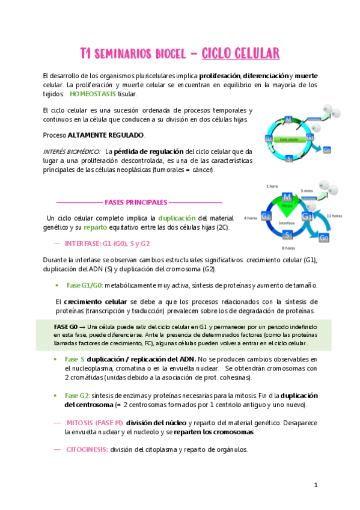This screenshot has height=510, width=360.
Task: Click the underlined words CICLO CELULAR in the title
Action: point(240,54)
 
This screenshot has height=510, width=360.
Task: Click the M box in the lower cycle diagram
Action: point(288,198)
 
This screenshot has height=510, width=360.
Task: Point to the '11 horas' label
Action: point(334,215)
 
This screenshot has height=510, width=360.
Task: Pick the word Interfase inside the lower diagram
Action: point(288,222)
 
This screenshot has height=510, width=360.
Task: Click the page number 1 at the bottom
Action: point(316,484)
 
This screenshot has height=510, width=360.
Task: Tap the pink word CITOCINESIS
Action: point(87,449)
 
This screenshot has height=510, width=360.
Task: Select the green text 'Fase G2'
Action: point(78,395)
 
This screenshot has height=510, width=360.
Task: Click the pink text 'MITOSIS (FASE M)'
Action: point(94,422)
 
